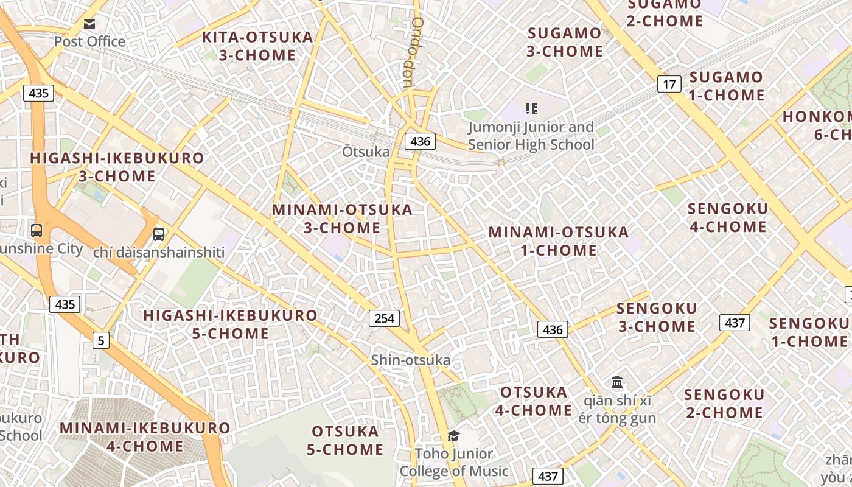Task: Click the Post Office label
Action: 89,41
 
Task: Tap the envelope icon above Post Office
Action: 89,24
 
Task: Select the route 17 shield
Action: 669,84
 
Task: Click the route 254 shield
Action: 384,318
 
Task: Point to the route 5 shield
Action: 101,340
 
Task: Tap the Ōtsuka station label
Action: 365,152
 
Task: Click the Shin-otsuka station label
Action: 411,360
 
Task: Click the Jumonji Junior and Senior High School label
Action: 531,136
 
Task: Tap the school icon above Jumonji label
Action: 531,109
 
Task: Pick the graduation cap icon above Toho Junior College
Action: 453,436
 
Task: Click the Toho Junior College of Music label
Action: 453,462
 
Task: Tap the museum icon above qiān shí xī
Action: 617,382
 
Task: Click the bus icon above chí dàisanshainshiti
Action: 159,234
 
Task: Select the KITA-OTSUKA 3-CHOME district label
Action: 257,46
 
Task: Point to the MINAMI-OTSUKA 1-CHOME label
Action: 559,241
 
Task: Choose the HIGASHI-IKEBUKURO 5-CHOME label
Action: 230,324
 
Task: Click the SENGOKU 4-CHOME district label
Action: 727,218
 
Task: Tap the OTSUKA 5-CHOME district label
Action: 345,441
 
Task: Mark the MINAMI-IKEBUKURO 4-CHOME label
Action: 145,437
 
